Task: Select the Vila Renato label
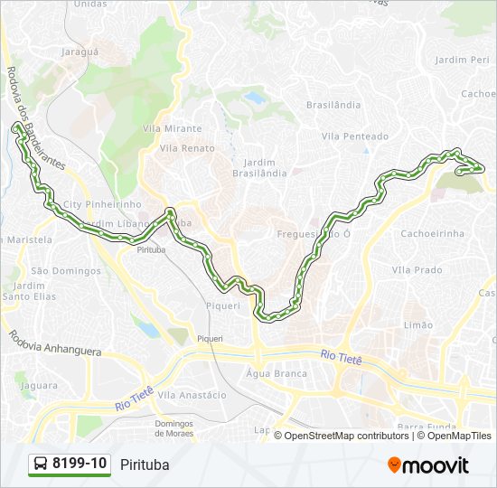click(x=187, y=147)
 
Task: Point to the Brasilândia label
click(x=333, y=105)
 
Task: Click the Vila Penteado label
click(x=354, y=136)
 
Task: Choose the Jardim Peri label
click(x=462, y=59)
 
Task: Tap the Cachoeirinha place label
click(x=432, y=232)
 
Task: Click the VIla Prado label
click(x=417, y=269)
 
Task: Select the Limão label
click(x=418, y=324)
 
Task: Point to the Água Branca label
click(x=277, y=373)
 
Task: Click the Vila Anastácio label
click(x=192, y=395)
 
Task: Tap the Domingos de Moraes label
click(x=175, y=428)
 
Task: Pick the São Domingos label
click(x=66, y=270)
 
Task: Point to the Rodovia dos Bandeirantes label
click(x=35, y=117)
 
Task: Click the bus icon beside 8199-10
click(x=42, y=465)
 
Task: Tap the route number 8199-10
click(x=80, y=464)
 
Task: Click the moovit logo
click(x=428, y=465)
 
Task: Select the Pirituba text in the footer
click(x=144, y=465)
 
